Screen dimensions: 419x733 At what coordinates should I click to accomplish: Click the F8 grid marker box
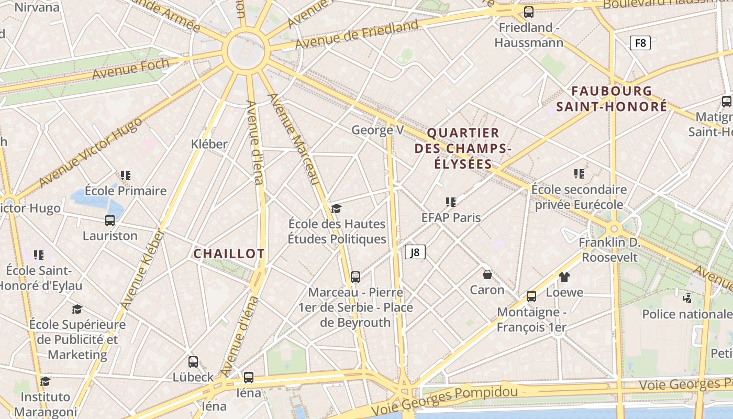tap(640, 43)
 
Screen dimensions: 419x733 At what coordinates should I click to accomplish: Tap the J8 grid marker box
tap(415, 252)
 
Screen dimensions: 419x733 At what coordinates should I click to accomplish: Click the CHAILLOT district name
tap(229, 254)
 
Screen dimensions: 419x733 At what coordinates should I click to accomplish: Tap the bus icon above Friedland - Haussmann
tap(529, 12)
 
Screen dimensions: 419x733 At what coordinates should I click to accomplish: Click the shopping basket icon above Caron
tap(487, 274)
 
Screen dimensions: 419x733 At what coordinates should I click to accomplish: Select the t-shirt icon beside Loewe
tap(564, 277)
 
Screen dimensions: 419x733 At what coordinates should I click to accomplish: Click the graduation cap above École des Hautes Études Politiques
tap(336, 209)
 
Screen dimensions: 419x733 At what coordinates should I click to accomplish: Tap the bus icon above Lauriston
tap(110, 220)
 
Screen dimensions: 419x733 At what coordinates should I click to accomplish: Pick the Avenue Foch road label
tap(131, 69)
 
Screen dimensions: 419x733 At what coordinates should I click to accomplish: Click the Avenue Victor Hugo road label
tap(90, 152)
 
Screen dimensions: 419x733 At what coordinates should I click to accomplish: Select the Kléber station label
tap(209, 144)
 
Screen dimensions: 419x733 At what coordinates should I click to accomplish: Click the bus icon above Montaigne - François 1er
tap(531, 296)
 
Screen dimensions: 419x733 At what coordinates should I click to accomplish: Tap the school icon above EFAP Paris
tap(451, 202)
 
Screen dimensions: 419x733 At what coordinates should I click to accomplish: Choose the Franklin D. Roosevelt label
tap(609, 250)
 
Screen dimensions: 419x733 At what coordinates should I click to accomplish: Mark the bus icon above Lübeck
tap(193, 361)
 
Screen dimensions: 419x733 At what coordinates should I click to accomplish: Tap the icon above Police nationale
tap(687, 299)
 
